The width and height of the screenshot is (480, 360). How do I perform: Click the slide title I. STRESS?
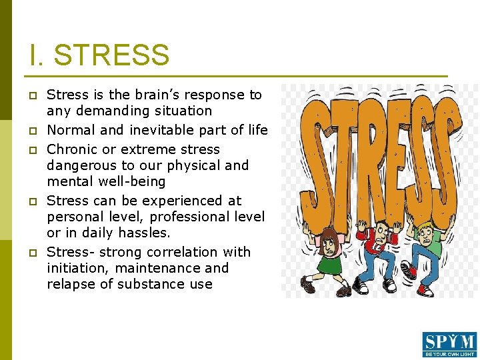pos(99,55)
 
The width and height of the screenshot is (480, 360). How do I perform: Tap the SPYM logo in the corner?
pos(449,344)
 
